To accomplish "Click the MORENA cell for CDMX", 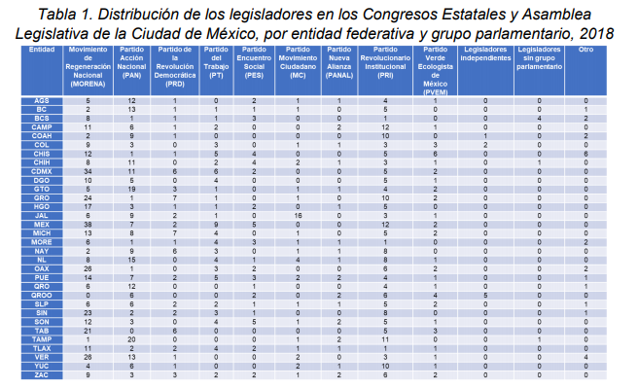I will coord(89,170).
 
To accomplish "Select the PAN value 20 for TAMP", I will coord(132,336).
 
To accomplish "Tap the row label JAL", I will coord(41,215).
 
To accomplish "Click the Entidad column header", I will coord(41,48).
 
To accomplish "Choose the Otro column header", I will coord(586,48).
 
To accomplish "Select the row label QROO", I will coord(41,294).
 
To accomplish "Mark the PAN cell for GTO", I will coord(132,187).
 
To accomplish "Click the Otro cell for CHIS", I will coord(586,154).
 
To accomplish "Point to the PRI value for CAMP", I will coord(385,125).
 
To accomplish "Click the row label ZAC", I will coord(41,374).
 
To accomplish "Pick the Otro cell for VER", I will coord(586,358).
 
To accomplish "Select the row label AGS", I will coord(41,100).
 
